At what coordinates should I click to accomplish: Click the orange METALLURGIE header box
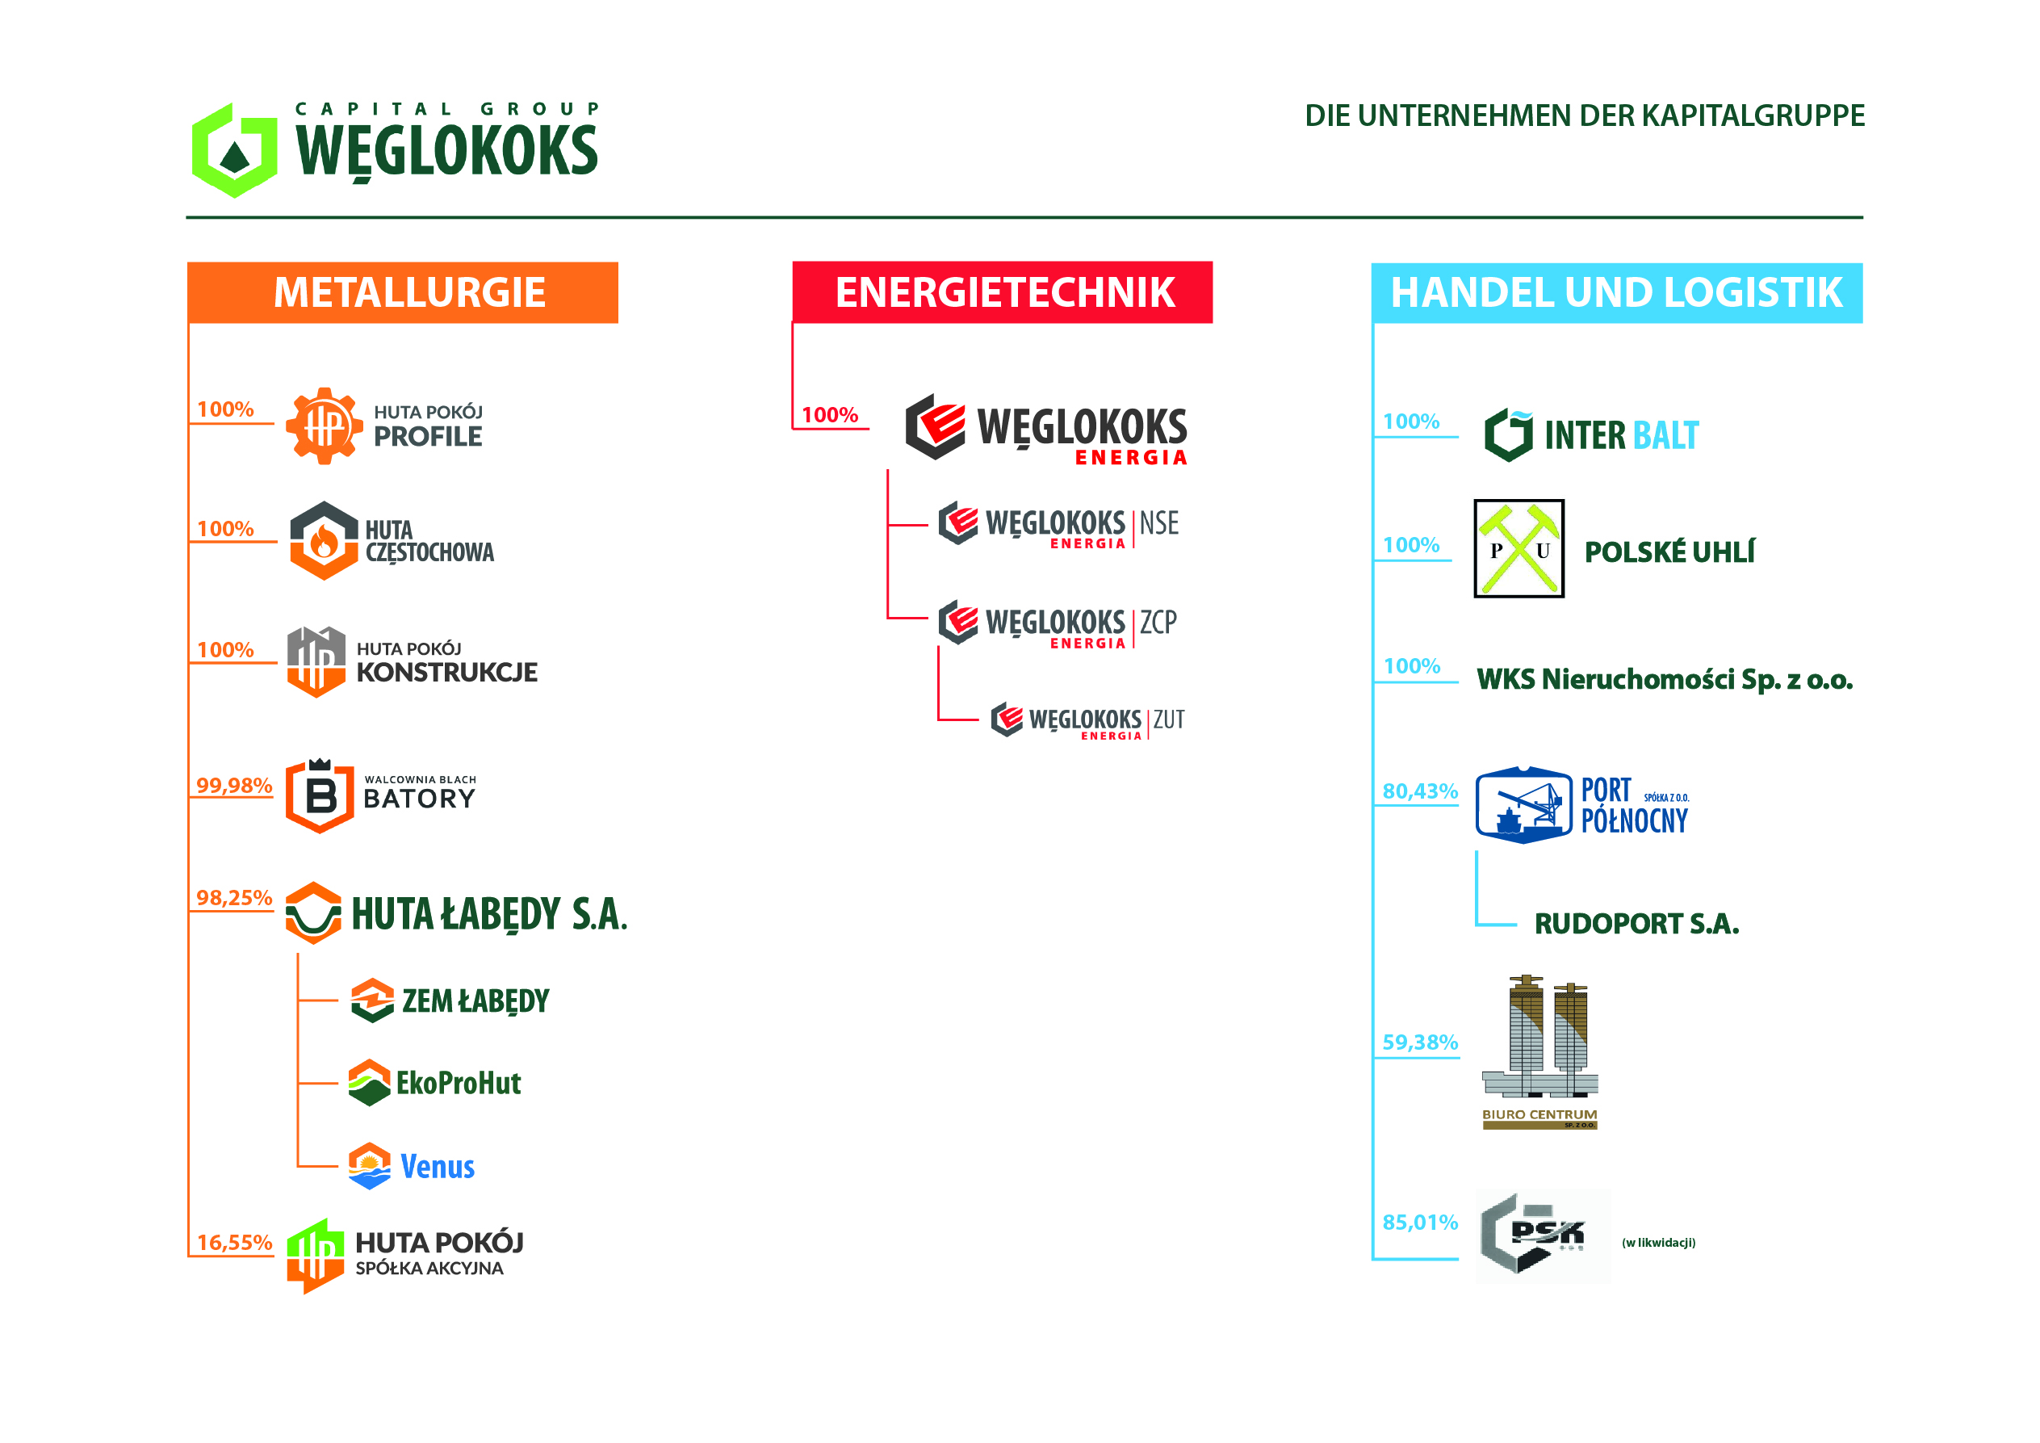tap(403, 292)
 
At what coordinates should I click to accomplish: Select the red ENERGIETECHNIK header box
tap(1001, 292)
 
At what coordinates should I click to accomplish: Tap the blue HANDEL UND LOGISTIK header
tap(1616, 292)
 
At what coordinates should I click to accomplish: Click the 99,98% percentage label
tap(233, 786)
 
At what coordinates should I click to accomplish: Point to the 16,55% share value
tap(233, 1242)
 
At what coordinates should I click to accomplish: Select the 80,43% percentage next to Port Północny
tap(1419, 791)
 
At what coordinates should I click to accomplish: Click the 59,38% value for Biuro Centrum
tap(1419, 1042)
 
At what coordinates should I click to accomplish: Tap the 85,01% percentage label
tap(1419, 1222)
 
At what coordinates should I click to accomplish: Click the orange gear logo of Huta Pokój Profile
tap(325, 426)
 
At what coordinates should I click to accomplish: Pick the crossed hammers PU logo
tap(1518, 548)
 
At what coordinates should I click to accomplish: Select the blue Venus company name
tap(438, 1167)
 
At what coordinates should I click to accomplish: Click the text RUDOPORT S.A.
tap(1636, 924)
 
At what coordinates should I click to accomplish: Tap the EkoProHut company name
tap(459, 1083)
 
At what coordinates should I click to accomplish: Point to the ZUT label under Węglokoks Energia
tap(1168, 719)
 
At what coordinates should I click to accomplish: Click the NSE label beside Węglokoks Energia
tap(1158, 523)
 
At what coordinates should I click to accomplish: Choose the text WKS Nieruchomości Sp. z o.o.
tap(1663, 680)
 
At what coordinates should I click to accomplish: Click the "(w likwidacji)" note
tap(1658, 1242)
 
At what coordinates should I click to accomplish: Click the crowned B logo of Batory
tap(320, 795)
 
